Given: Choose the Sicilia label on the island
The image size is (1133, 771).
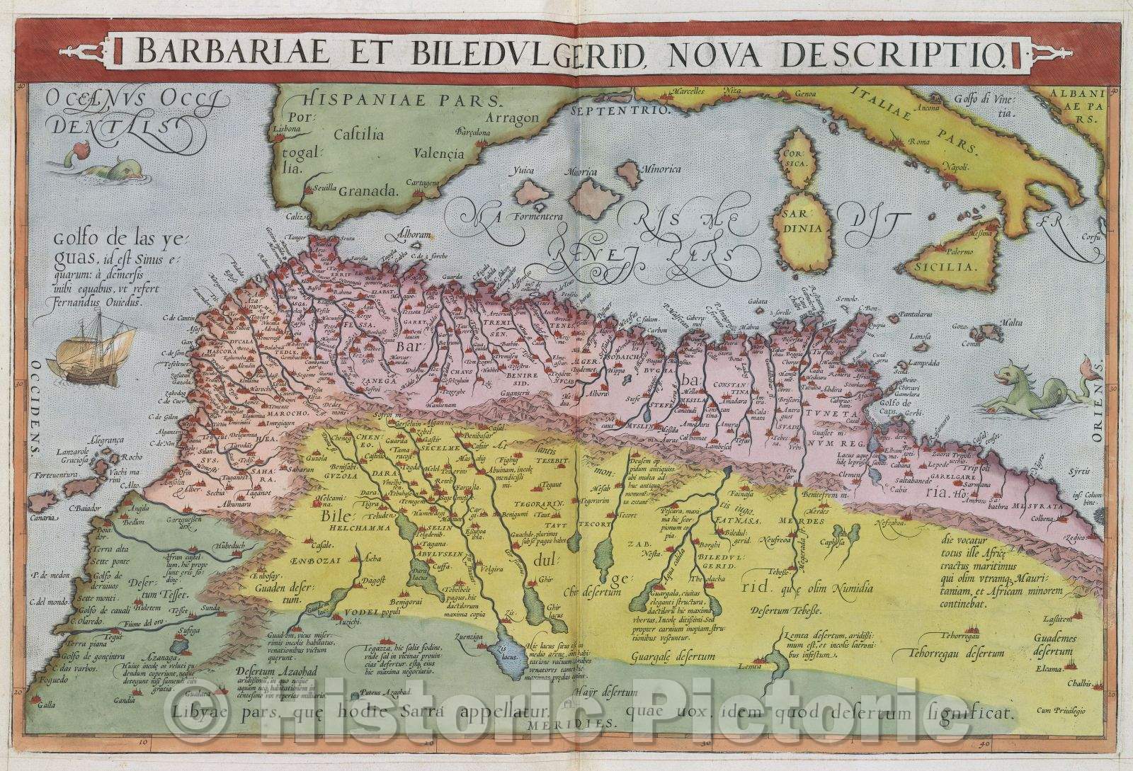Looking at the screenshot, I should click(x=953, y=268).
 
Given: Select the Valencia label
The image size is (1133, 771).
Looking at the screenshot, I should click(x=440, y=152).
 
